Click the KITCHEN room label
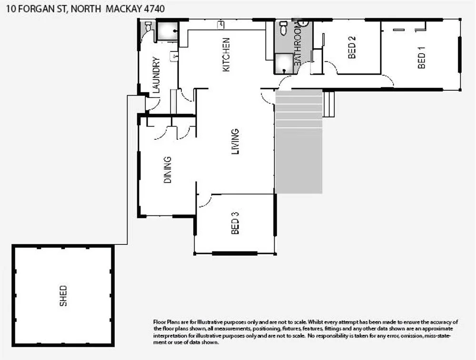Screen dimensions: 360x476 click(227, 55)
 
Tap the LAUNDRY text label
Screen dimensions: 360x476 click(156, 74)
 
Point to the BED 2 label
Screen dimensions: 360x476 click(352, 48)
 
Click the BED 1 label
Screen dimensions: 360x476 click(421, 58)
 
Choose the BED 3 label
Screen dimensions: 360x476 click(235, 223)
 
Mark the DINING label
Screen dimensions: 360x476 click(168, 170)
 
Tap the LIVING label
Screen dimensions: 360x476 click(235, 142)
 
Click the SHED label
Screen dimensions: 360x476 click(63, 295)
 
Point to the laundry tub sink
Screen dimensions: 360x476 click(174, 57)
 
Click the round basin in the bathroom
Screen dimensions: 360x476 click(303, 22)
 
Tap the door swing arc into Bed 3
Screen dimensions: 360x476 click(205, 202)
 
